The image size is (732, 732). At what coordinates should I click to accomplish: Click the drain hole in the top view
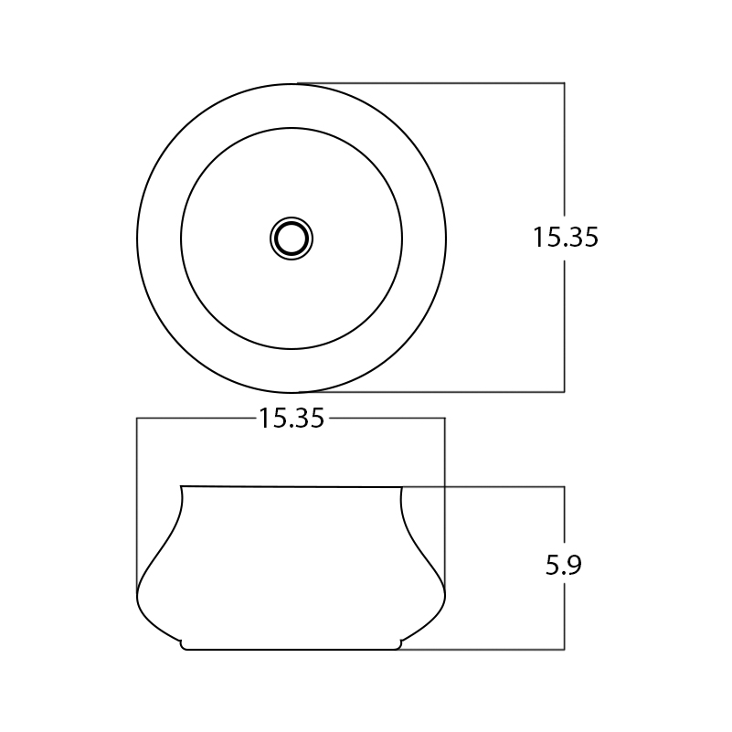tap(292, 239)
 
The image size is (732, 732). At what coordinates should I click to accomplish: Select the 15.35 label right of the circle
tap(565, 238)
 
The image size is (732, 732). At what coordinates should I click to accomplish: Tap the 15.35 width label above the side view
tap(291, 419)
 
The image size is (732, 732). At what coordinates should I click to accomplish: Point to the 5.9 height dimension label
tap(564, 566)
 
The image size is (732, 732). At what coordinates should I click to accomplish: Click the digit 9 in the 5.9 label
tap(574, 566)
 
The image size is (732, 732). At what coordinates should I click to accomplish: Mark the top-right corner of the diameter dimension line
tap(565, 83)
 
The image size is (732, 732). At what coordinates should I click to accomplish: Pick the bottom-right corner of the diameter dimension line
tap(565, 392)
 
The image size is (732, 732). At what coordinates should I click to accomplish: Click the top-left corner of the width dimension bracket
tap(137, 419)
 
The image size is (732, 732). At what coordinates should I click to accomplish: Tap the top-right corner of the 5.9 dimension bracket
tap(565, 487)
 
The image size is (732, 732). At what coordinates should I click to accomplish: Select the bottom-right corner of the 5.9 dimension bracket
tap(565, 650)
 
